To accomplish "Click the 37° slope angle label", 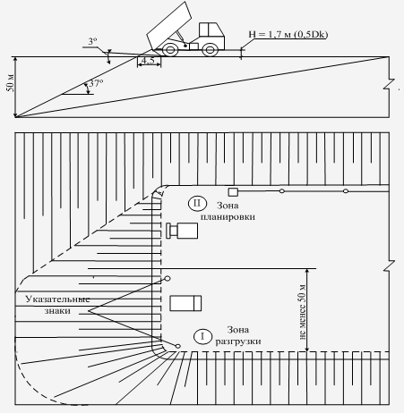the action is (96, 83).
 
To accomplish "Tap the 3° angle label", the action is (93, 41).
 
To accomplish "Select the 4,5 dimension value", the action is (148, 61).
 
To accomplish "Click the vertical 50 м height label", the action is (10, 82).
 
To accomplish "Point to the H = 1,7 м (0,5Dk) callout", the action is (288, 34).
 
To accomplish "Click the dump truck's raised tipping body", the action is (169, 26).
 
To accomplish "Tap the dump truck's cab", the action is (211, 34).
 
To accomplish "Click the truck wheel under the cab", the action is (210, 50).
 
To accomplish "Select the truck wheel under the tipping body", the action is (170, 49).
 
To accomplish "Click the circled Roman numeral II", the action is (197, 203).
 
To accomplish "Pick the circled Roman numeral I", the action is (202, 336).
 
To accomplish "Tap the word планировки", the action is (228, 216).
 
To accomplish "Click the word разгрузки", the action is (238, 341).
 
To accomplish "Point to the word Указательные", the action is (57, 299).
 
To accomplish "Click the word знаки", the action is (57, 311).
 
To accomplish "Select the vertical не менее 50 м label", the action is (303, 312).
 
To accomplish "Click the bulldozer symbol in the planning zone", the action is (182, 231).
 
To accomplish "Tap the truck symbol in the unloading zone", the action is (185, 303).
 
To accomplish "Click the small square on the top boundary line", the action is (233, 192).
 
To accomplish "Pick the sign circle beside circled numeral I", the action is (178, 346).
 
